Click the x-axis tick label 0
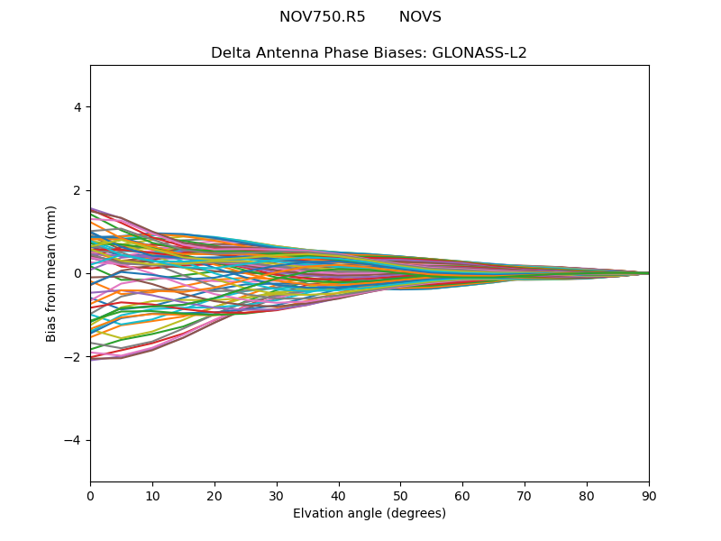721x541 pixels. [90, 495]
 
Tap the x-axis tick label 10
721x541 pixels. [152, 495]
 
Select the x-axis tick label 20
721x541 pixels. [214, 495]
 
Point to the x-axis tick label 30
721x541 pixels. [277, 495]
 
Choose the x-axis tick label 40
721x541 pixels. [338, 495]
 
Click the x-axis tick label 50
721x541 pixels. [400, 495]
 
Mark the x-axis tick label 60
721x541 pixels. [462, 495]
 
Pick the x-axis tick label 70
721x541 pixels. [525, 495]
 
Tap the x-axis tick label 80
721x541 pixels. [587, 495]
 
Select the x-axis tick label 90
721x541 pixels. [649, 495]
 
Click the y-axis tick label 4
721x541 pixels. [78, 107]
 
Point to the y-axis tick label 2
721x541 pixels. [78, 190]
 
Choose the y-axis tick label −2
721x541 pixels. [74, 357]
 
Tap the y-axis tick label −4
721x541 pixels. [74, 440]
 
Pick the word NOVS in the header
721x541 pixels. [420, 17]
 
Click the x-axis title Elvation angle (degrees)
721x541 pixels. [370, 513]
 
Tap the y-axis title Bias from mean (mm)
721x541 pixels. [52, 273]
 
